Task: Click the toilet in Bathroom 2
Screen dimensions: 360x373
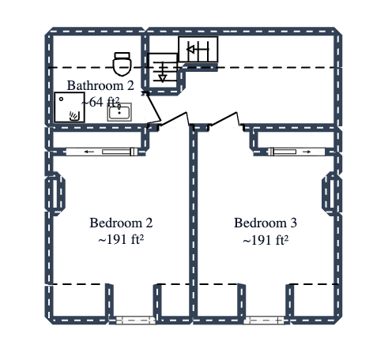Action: pyautogui.click(x=122, y=62)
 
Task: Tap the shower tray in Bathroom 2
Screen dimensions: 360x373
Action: pyautogui.click(x=69, y=107)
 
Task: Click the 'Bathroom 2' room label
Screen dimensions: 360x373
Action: pyautogui.click(x=100, y=85)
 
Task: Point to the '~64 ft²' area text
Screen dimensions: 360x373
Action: pyautogui.click(x=100, y=101)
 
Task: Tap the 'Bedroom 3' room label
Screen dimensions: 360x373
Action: pyautogui.click(x=266, y=223)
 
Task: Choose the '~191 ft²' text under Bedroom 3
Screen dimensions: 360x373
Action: pyautogui.click(x=266, y=239)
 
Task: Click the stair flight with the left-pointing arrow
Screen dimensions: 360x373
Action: pyautogui.click(x=198, y=50)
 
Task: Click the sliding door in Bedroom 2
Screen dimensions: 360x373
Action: pyautogui.click(x=102, y=151)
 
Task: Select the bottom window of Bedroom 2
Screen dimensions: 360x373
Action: pyautogui.click(x=132, y=320)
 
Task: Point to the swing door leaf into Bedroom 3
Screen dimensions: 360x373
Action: pyautogui.click(x=224, y=119)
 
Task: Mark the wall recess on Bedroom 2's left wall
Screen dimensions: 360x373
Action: pyautogui.click(x=54, y=193)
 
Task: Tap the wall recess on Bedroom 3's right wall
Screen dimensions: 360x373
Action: pyautogui.click(x=330, y=193)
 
